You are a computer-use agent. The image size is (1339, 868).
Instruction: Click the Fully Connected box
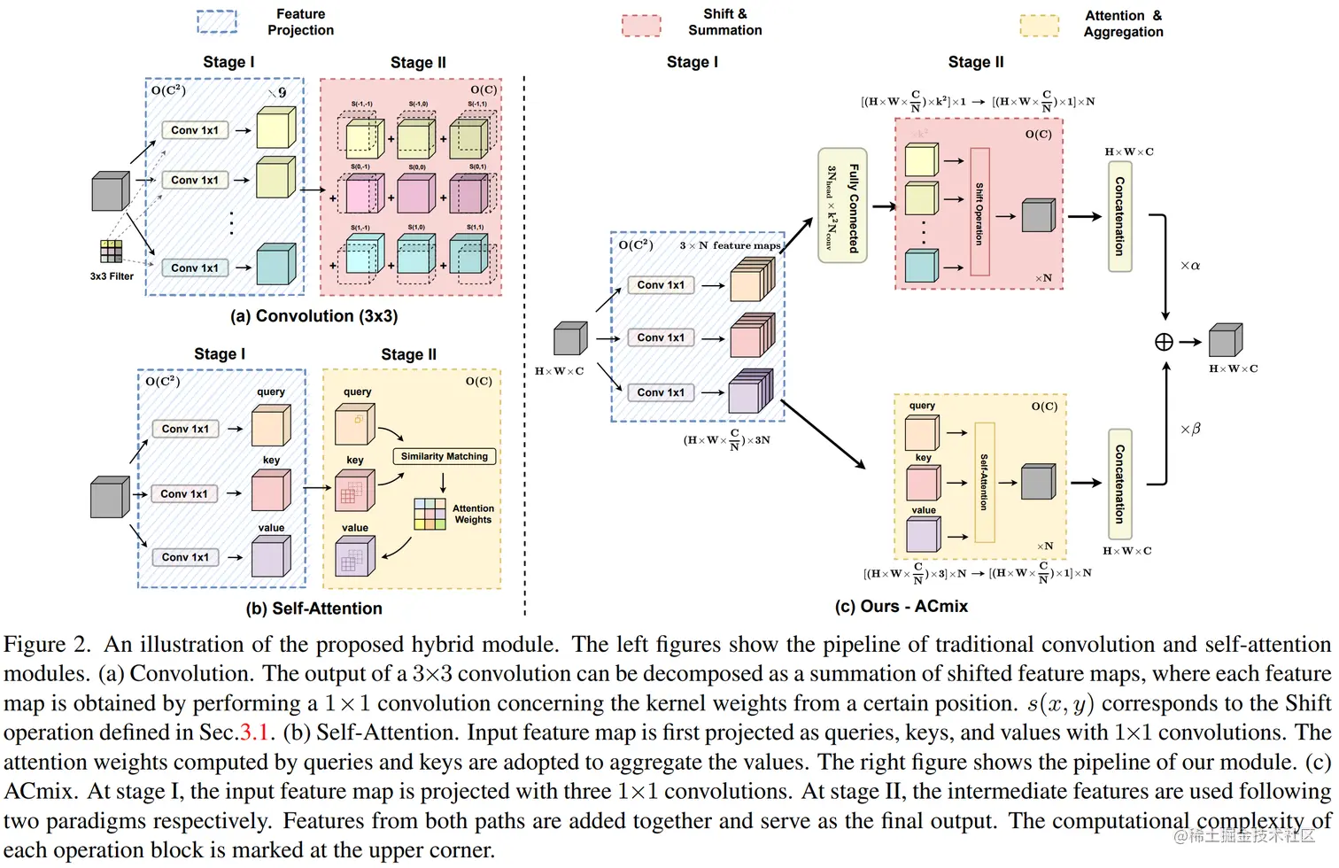click(841, 205)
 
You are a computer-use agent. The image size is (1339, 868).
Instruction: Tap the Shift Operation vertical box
click(979, 213)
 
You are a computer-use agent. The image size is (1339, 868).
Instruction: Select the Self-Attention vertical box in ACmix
click(984, 482)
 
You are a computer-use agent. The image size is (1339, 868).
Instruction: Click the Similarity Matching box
click(444, 456)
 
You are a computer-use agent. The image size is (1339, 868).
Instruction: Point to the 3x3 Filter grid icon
click(112, 252)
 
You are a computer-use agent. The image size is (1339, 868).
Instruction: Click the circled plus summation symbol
click(1164, 342)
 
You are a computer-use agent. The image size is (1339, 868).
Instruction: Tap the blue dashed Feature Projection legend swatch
click(217, 21)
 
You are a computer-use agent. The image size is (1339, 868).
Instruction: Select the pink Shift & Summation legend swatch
click(641, 25)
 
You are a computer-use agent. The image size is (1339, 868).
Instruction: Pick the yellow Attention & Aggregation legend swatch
click(1039, 25)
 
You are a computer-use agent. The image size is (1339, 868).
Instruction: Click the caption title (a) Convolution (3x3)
click(313, 316)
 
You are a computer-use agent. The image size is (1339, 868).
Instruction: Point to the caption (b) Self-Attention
click(313, 608)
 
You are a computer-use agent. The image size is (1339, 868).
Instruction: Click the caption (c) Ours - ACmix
click(901, 607)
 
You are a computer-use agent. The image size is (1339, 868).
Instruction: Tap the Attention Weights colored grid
click(430, 514)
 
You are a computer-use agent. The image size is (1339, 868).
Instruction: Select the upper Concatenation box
click(1119, 216)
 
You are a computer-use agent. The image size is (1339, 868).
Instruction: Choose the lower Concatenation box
click(1119, 484)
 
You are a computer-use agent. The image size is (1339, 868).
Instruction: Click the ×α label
click(1190, 266)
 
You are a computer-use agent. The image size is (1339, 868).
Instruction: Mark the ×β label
click(1190, 429)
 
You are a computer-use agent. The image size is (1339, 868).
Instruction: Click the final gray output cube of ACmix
click(1226, 340)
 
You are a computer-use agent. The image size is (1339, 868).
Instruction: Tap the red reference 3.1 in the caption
click(257, 732)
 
